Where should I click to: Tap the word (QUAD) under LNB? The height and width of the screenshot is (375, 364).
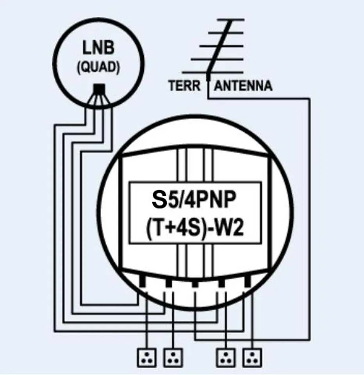pyautogui.click(x=98, y=67)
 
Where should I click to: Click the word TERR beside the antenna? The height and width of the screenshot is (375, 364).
pyautogui.click(x=184, y=86)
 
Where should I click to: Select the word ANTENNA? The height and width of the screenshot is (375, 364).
pyautogui.click(x=243, y=86)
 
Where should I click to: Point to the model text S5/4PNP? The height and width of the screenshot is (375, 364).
pyautogui.click(x=194, y=202)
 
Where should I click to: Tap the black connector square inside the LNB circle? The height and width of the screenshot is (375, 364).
pyautogui.click(x=98, y=89)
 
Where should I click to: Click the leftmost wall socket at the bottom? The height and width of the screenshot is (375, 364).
pyautogui.click(x=147, y=357)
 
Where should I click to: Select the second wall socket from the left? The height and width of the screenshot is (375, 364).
pyautogui.click(x=172, y=357)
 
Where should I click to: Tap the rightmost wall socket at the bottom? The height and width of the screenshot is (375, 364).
pyautogui.click(x=252, y=357)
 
